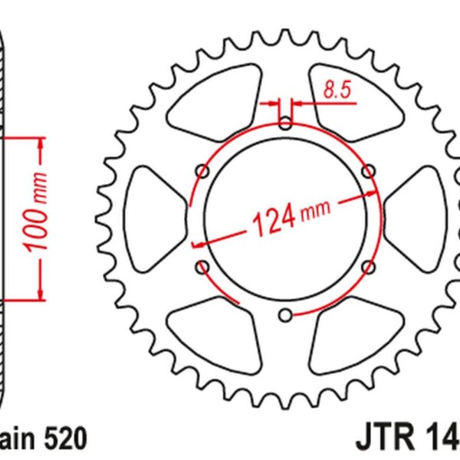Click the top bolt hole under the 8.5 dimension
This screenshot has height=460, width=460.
(285, 122)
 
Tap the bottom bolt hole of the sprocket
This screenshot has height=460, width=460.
(285, 314)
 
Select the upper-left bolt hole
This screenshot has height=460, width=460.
(202, 169)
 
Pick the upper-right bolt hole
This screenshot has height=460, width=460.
(368, 169)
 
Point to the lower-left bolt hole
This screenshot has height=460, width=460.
(202, 266)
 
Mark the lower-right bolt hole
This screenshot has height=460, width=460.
(368, 266)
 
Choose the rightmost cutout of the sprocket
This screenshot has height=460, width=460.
(414, 219)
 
